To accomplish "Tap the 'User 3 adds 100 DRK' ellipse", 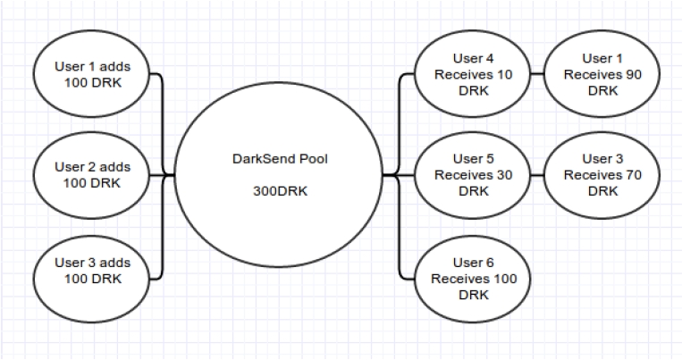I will pyautogui.click(x=92, y=272).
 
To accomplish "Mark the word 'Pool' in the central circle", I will pyautogui.click(x=309, y=158).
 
